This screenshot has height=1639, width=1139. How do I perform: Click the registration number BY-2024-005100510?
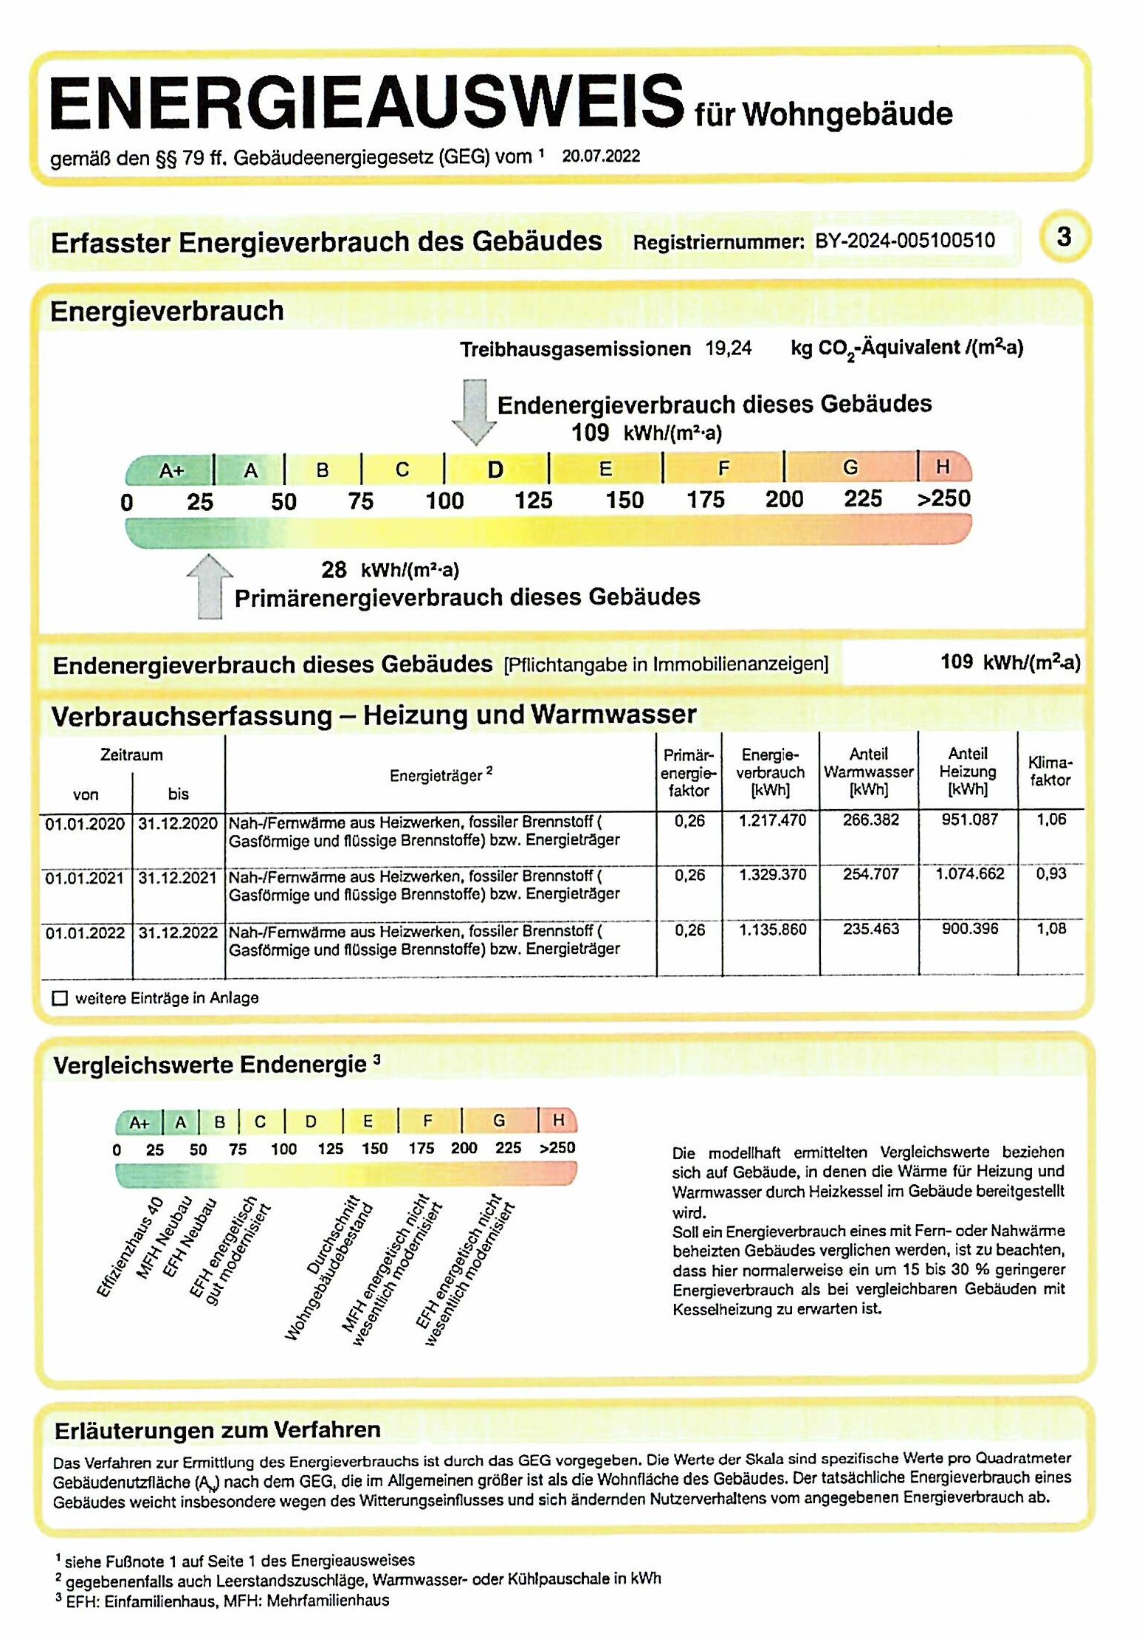[904, 241]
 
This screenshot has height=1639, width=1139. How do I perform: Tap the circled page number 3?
[1063, 237]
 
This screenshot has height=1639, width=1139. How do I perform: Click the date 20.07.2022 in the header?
[601, 157]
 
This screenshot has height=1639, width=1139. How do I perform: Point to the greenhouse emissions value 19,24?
[728, 348]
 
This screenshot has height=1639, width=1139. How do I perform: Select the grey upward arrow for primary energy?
[210, 586]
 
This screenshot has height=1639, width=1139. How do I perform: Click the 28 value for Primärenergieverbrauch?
[334, 569]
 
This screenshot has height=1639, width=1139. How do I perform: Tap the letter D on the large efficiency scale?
[495, 470]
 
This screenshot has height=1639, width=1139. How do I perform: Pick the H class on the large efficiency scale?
[943, 467]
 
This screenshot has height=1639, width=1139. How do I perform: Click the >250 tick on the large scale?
[943, 499]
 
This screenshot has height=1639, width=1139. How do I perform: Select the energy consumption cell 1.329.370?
[773, 875]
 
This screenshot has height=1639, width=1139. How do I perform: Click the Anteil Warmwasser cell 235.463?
[871, 929]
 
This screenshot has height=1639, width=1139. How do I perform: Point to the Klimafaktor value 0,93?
[1050, 874]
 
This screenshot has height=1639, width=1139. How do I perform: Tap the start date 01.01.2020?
[85, 824]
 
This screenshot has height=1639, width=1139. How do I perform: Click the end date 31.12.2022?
[178, 933]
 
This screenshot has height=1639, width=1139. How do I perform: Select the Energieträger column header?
[440, 775]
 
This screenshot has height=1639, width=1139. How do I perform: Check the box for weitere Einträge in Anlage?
[61, 998]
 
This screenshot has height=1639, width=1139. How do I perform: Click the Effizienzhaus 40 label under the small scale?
[130, 1247]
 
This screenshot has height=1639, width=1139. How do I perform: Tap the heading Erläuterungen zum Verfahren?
[217, 1430]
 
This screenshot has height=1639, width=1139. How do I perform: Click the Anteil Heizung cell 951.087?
[969, 819]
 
